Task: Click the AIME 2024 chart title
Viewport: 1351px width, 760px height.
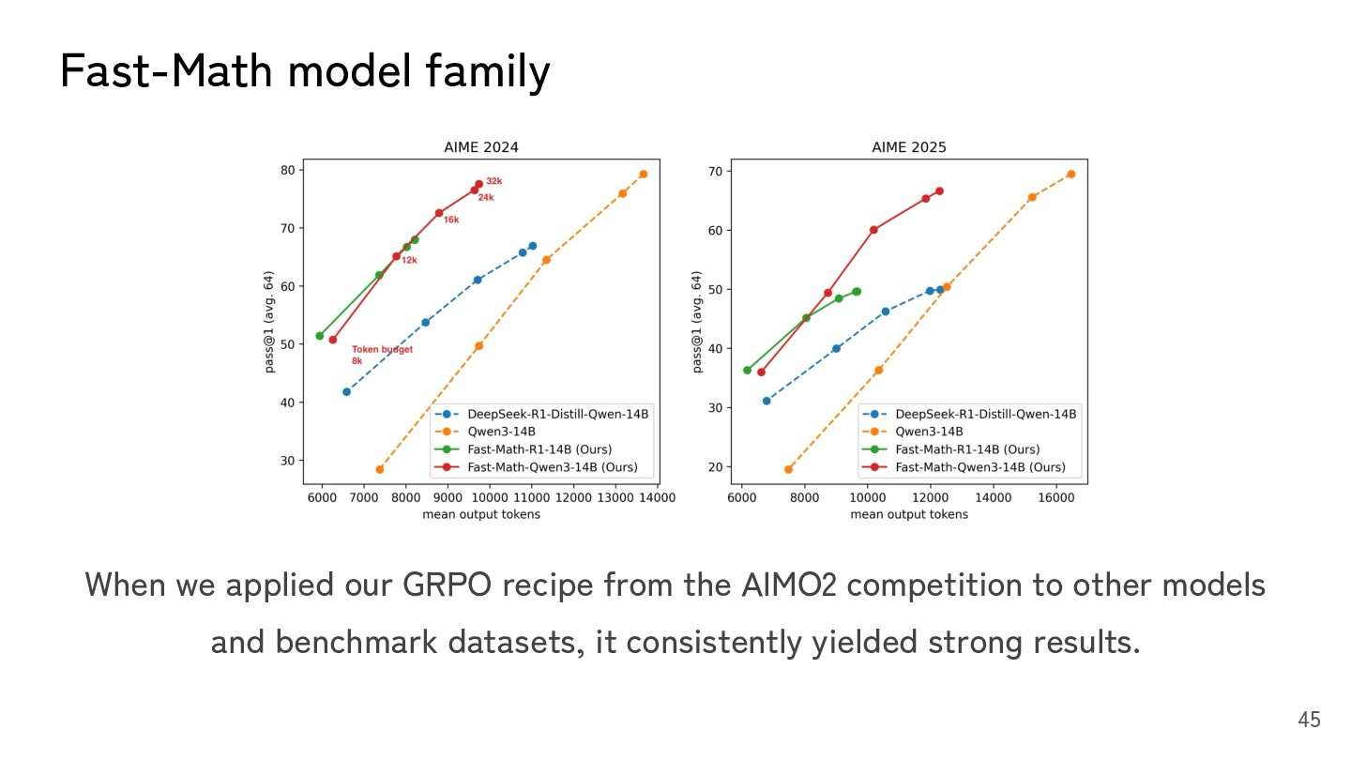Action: [480, 147]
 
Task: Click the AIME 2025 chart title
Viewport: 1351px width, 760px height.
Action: [908, 147]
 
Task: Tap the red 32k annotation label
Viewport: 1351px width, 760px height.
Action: [493, 181]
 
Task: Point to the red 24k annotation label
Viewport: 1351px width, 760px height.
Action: [486, 198]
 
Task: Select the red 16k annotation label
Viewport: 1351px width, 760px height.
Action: [451, 220]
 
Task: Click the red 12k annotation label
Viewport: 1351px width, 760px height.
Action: [409, 260]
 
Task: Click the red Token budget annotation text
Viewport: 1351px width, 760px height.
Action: [382, 350]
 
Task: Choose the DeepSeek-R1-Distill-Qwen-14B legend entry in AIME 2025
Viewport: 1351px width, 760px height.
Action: [985, 414]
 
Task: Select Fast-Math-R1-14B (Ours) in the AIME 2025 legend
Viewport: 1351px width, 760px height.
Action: [966, 449]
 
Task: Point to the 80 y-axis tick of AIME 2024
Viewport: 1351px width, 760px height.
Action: [286, 170]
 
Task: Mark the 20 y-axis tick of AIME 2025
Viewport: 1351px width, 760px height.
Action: [715, 467]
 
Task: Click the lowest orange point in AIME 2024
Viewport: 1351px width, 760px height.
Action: [380, 469]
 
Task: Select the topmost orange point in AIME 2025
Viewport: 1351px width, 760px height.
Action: [1070, 174]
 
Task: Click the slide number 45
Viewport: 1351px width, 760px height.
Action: [1309, 720]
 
